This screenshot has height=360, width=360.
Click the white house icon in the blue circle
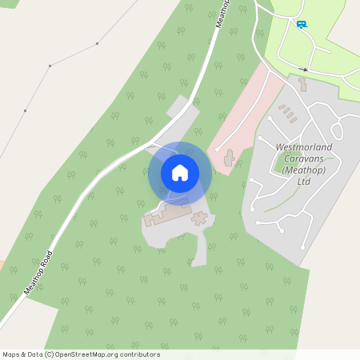180,173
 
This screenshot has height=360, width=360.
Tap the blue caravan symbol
301,25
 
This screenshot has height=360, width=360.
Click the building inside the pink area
230,158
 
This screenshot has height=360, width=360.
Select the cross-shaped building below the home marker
198,218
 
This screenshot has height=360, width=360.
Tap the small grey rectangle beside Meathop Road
178,107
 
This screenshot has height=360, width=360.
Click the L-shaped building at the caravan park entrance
303,83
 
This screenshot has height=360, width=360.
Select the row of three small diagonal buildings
287,113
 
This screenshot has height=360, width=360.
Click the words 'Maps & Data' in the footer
22,354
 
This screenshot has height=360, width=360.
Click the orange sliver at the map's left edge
2,264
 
